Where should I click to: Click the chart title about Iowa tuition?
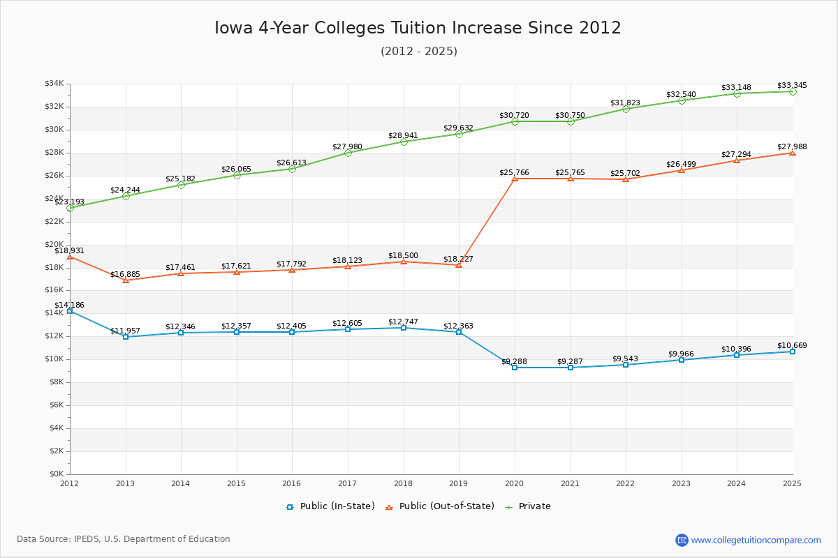point(418,28)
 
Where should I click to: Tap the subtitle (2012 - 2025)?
point(419,51)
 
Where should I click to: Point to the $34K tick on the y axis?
point(54,84)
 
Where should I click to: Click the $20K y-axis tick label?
point(54,245)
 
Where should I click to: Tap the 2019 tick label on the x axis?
point(459,483)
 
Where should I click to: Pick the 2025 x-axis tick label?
point(792,483)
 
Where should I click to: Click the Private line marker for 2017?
point(348,153)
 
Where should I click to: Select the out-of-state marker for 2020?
point(515,179)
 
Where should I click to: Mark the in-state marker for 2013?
point(126,337)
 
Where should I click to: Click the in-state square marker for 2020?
point(515,368)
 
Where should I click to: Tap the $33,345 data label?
point(792,85)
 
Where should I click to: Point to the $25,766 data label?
point(514,172)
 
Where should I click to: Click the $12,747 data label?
point(403,322)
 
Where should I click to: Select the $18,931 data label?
point(69,250)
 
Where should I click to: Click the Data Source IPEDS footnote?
point(123,539)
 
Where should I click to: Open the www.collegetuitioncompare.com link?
point(756,540)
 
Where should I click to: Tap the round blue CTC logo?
point(682,540)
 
